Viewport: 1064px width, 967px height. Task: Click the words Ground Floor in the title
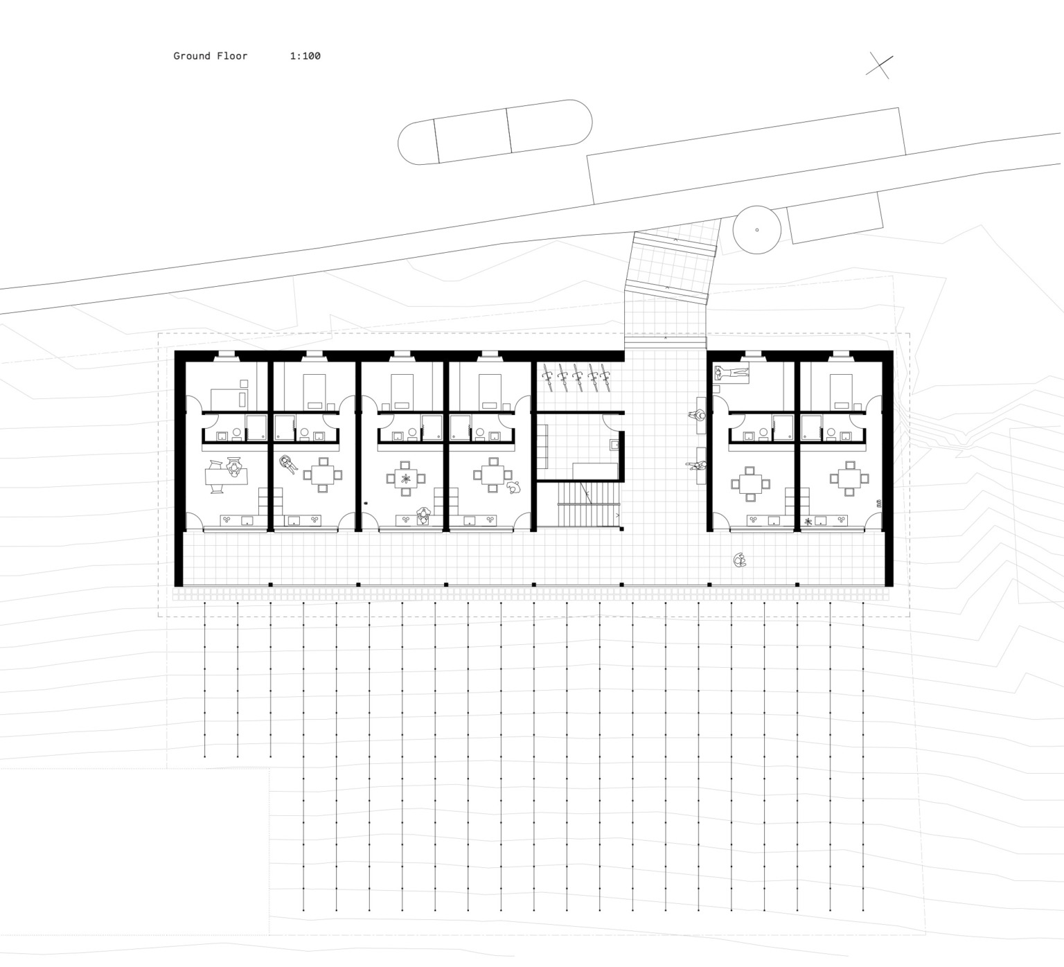pos(210,56)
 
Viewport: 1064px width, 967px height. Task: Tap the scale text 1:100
pos(305,56)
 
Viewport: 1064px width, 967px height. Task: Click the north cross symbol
pos(879,66)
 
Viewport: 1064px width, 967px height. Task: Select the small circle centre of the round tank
pos(756,229)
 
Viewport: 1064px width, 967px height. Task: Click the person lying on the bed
pos(731,374)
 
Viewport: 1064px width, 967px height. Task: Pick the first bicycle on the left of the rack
pos(548,376)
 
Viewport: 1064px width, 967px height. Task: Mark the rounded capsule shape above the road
pos(495,132)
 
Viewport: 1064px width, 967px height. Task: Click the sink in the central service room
pos(613,445)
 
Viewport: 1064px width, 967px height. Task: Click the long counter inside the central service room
pos(595,471)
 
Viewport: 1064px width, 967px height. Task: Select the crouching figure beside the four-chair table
pos(513,488)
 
